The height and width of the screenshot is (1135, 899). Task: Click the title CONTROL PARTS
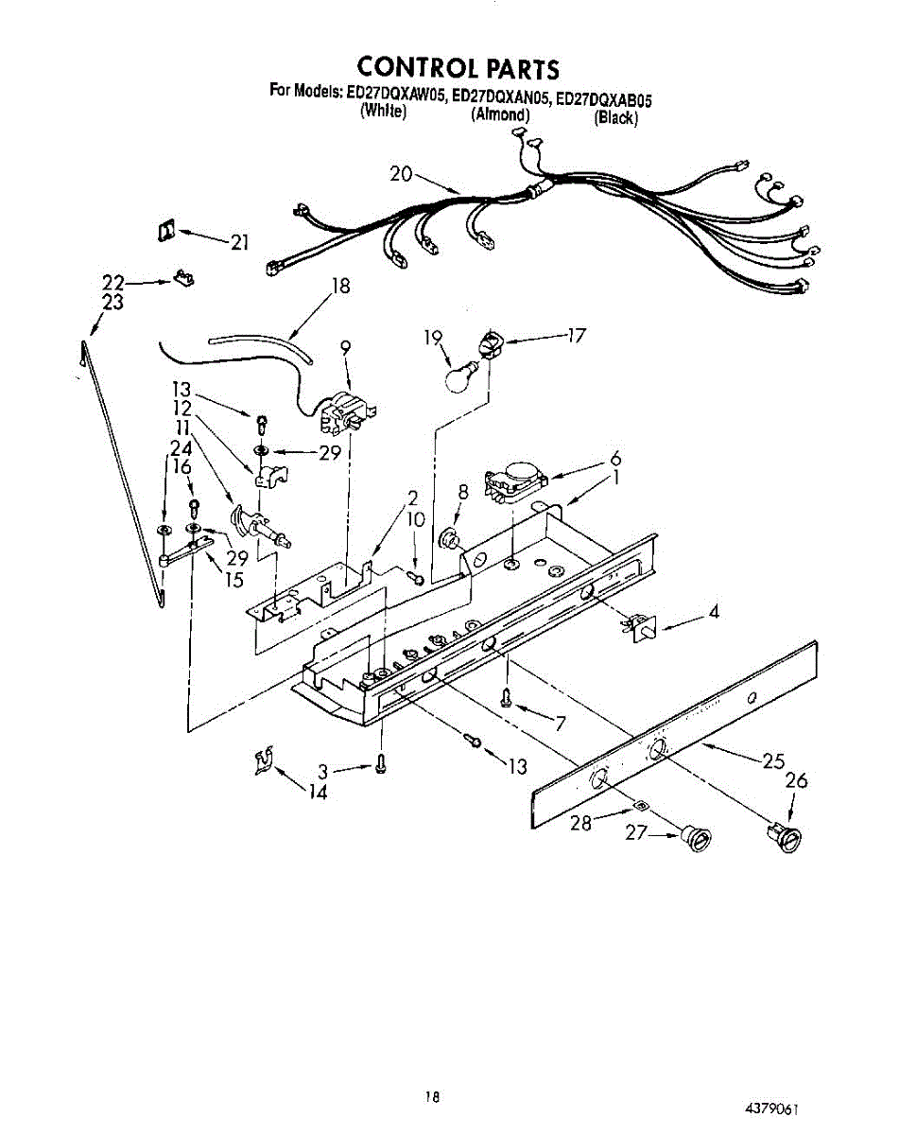pos(458,68)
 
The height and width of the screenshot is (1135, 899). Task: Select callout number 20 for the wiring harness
pos(401,174)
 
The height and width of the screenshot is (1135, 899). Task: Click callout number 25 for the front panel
pos(774,760)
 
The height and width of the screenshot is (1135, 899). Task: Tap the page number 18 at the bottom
pos(432,1098)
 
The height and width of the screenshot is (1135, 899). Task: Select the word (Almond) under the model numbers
pos(500,115)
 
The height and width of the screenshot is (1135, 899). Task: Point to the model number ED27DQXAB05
pos(604,97)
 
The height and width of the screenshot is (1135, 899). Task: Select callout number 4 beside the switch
pos(714,612)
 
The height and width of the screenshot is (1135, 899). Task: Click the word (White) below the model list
pos(383,112)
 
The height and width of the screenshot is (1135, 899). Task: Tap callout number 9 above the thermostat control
pos(346,347)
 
